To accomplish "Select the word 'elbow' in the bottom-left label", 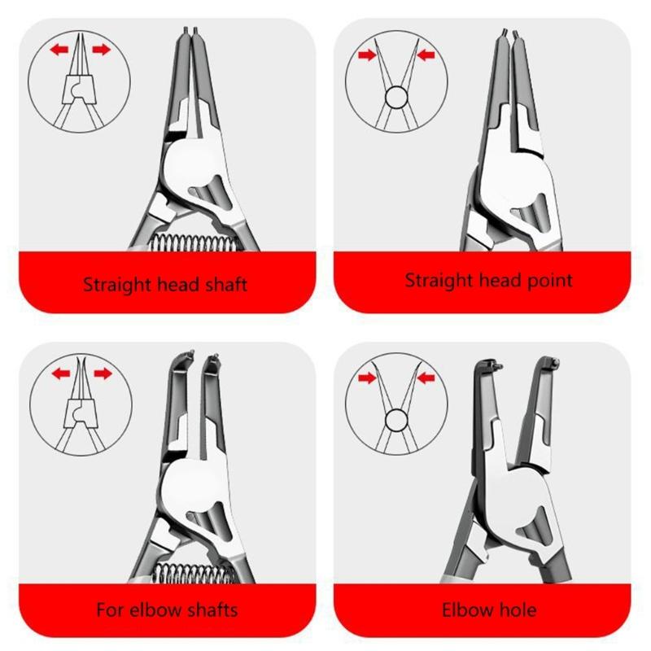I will click(151, 609).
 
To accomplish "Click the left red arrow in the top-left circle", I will click(58, 50).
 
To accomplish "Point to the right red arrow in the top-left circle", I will click(101, 50).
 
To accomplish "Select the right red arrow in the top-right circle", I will click(426, 55).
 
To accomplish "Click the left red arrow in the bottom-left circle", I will click(58, 374).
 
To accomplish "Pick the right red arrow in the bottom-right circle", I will click(426, 378).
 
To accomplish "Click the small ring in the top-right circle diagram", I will click(395, 98).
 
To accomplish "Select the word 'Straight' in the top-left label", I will click(117, 285).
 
